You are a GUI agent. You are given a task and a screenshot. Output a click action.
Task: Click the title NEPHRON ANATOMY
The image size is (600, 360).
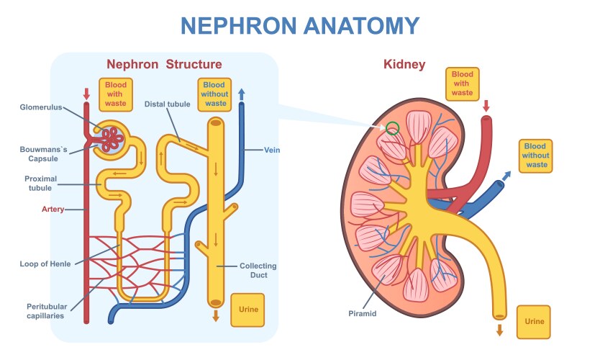pyautogui.click(x=299, y=26)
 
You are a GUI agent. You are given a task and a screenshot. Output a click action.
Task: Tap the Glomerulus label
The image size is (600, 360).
pyautogui.click(x=40, y=108)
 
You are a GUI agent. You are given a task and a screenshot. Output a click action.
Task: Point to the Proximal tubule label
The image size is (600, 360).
pyautogui.click(x=40, y=184)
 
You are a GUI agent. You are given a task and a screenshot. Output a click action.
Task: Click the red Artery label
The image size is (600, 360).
pyautogui.click(x=53, y=210)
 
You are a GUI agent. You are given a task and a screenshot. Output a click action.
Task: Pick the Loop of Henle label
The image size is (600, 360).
pyautogui.click(x=45, y=264)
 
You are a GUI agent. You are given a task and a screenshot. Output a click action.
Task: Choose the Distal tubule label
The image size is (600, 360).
pyautogui.click(x=167, y=104)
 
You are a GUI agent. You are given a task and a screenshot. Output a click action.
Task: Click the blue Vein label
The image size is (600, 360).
pyautogui.click(x=272, y=150)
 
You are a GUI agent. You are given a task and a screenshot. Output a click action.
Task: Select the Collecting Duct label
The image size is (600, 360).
pyautogui.click(x=258, y=271)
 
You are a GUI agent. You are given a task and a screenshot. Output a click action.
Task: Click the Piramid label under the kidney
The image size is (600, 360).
pyautogui.click(x=363, y=313)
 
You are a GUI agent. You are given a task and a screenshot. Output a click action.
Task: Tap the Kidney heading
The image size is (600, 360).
pyautogui.click(x=404, y=65)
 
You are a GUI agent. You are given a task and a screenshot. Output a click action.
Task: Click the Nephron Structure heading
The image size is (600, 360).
pyautogui.click(x=164, y=65)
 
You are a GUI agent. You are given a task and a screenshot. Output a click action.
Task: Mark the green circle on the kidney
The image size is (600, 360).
pyautogui.click(x=392, y=129)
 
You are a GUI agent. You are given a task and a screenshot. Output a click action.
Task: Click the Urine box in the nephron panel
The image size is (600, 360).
pyautogui.click(x=247, y=310)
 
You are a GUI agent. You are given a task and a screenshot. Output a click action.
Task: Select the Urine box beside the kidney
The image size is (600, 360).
pyautogui.click(x=535, y=321)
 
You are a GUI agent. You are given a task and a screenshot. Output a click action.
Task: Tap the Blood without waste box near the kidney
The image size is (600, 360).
pyautogui.click(x=537, y=155)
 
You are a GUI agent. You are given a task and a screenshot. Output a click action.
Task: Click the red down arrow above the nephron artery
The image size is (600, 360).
pyautogui.click(x=87, y=94)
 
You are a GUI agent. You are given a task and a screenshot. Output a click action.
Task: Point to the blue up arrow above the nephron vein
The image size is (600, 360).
pyautogui.click(x=241, y=94)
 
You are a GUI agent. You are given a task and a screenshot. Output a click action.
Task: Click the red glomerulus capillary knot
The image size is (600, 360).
pyautogui.click(x=112, y=138)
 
